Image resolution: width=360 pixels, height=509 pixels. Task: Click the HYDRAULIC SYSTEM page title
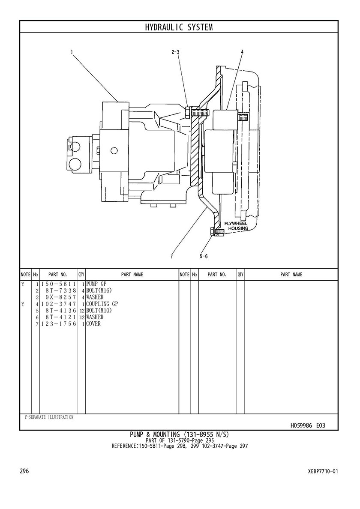tap(179, 27)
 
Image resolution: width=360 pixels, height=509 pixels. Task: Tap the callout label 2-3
tap(175, 52)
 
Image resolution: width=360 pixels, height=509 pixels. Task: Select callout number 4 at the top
tap(242, 52)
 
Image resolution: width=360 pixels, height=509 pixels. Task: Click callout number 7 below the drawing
tap(171, 257)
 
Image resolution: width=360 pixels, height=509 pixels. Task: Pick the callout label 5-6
tap(203, 257)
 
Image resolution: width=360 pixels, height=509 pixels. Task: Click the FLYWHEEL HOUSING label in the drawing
tap(237, 226)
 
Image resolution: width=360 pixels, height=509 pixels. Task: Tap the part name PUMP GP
tap(96, 284)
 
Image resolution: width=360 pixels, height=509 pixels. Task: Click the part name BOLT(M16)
tap(99, 290)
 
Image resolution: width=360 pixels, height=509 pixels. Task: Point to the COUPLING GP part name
tap(102, 304)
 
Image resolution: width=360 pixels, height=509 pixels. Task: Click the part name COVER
tap(93, 324)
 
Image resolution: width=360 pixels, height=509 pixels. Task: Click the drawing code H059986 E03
tap(308, 425)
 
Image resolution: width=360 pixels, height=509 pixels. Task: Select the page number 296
tap(24, 471)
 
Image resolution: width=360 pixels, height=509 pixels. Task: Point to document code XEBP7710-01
tap(323, 471)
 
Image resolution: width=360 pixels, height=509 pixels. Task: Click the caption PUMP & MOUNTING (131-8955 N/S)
tap(179, 434)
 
